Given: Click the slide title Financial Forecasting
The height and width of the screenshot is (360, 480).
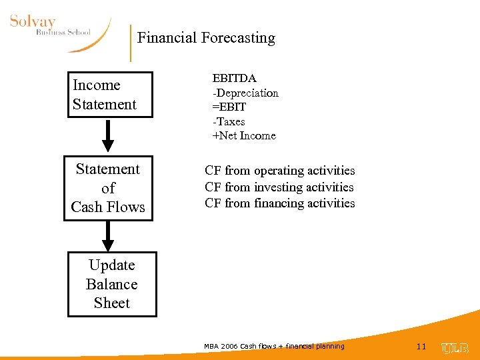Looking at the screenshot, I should [206, 38].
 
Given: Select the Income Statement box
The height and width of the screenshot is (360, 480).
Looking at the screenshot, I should [110, 95].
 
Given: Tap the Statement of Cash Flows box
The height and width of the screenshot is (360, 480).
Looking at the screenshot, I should [108, 188].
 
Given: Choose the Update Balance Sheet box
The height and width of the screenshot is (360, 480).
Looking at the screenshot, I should [112, 284].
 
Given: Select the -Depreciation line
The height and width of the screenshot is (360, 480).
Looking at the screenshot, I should [245, 93].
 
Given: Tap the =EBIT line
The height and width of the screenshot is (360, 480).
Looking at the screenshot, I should [229, 107].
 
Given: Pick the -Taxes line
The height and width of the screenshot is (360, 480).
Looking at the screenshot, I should [229, 121].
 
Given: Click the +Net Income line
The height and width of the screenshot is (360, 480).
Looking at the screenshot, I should [244, 136].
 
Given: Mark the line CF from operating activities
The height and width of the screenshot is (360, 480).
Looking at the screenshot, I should [280, 171].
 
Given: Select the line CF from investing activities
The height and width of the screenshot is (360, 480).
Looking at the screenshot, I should [279, 187].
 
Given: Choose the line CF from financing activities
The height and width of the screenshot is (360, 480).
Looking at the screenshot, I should [280, 203].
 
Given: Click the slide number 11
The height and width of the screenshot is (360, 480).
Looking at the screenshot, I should [421, 347].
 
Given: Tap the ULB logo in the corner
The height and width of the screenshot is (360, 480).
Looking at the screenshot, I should [455, 348].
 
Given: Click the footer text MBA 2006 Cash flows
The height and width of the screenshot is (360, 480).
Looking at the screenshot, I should [274, 347].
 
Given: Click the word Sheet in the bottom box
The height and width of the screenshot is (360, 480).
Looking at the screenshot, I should [112, 303].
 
